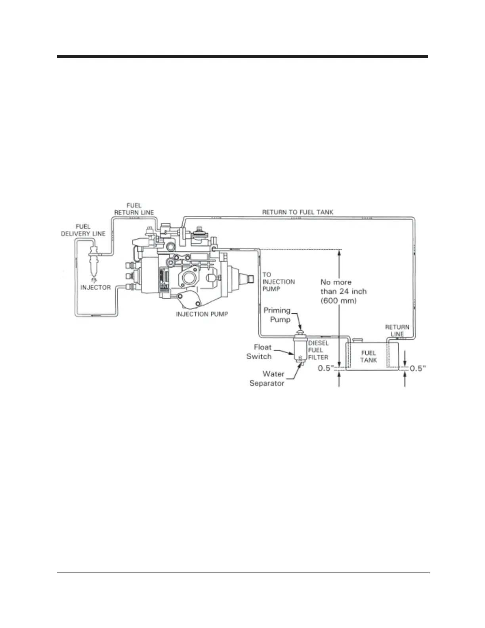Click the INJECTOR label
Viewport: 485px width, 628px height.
click(x=95, y=287)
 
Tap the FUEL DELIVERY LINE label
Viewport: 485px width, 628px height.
click(x=83, y=230)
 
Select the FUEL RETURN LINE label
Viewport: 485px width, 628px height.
click(x=134, y=209)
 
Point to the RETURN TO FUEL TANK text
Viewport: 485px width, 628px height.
click(x=298, y=212)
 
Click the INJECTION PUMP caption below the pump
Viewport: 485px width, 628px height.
click(x=202, y=314)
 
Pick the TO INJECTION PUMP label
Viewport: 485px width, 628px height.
click(x=279, y=281)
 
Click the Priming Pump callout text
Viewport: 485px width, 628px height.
click(x=277, y=315)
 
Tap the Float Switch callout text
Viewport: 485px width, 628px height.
click(x=259, y=352)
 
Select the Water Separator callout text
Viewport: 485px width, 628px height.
click(x=267, y=379)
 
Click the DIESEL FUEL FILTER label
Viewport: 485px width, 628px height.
click(x=318, y=350)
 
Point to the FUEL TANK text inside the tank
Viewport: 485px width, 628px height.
click(x=369, y=356)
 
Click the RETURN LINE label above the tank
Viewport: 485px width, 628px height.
click(x=397, y=330)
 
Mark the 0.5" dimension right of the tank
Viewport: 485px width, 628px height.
click(x=418, y=368)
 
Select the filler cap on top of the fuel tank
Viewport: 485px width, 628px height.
click(x=358, y=340)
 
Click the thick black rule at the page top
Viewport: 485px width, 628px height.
click(x=242, y=57)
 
